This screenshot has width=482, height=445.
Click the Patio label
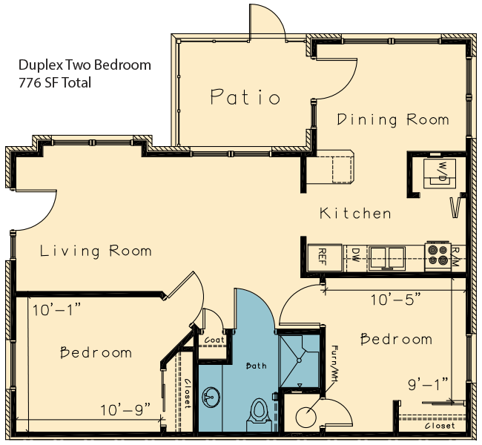[245, 97]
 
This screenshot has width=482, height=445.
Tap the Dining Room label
[393, 119]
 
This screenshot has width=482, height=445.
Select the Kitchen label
[355, 213]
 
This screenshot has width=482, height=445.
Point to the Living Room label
[96, 251]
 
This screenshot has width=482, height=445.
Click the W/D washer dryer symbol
[440, 173]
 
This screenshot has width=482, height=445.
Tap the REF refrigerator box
[325, 257]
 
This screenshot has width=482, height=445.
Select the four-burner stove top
[438, 255]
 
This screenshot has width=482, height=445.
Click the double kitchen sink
[388, 257]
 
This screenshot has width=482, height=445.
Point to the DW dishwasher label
[354, 255]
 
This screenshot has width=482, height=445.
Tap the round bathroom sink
[211, 396]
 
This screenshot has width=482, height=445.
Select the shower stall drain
[299, 360]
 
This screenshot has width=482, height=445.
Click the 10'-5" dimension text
[396, 299]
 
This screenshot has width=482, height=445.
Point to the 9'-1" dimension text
[428, 384]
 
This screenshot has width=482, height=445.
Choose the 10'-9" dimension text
[125, 409]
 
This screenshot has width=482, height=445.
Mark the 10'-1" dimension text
[56, 310]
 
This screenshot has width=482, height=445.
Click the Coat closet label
[214, 340]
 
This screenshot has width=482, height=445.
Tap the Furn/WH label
[334, 363]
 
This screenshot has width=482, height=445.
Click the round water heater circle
[306, 418]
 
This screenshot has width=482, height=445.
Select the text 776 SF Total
[55, 83]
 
